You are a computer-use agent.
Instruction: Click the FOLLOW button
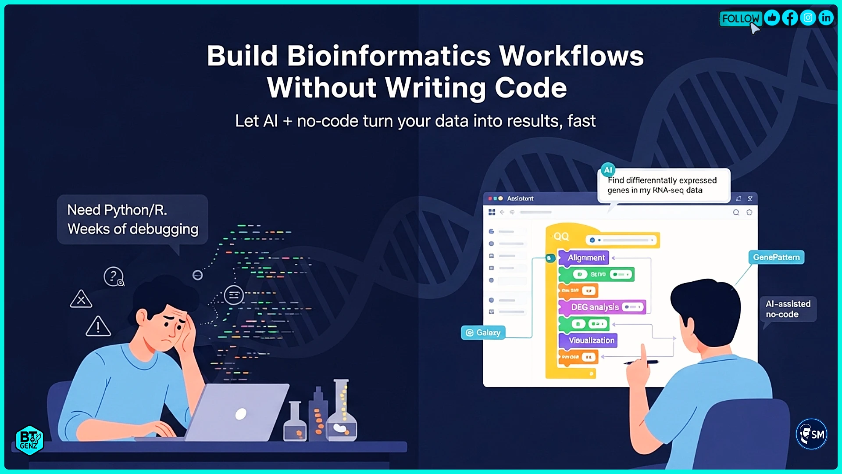pyautogui.click(x=740, y=18)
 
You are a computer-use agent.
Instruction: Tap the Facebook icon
pyautogui.click(x=790, y=18)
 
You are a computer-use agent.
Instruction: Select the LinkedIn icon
pyautogui.click(x=826, y=18)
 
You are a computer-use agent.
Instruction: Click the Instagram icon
pyautogui.click(x=808, y=18)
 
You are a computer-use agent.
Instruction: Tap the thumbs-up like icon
pyautogui.click(x=772, y=18)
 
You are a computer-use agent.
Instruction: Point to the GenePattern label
pyautogui.click(x=776, y=257)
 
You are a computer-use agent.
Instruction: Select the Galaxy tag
pyautogui.click(x=483, y=333)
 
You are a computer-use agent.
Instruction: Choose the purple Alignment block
pyautogui.click(x=585, y=258)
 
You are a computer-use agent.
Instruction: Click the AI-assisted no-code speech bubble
pyautogui.click(x=788, y=309)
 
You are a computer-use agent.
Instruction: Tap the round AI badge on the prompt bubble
pyautogui.click(x=608, y=170)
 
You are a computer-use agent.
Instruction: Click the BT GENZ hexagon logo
pyautogui.click(x=29, y=440)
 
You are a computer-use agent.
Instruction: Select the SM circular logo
pyautogui.click(x=811, y=434)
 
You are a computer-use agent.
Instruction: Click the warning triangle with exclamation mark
pyautogui.click(x=98, y=327)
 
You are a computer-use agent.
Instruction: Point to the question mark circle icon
pyautogui.click(x=114, y=276)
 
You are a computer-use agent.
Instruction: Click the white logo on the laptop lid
pyautogui.click(x=241, y=413)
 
